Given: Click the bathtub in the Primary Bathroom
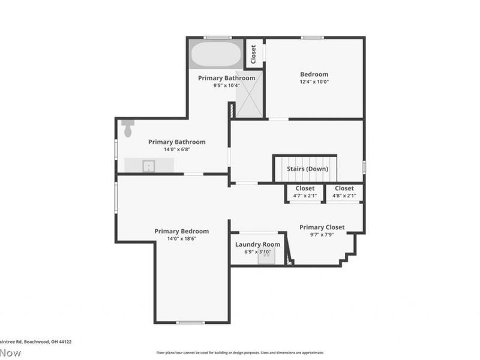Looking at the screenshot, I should click(x=216, y=55).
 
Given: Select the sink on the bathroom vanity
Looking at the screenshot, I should click(x=148, y=165).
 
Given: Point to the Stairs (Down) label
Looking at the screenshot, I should click(x=307, y=169).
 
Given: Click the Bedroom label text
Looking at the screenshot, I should click(x=314, y=74).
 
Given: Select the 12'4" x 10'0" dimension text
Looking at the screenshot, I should click(x=314, y=82).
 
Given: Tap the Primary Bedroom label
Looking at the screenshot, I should click(x=181, y=231).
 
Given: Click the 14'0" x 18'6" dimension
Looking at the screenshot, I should click(x=181, y=238).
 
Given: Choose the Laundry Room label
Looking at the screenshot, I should click(x=257, y=244).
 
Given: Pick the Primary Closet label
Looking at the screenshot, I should click(x=322, y=227).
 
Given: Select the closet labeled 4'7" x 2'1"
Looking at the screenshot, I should click(x=305, y=192).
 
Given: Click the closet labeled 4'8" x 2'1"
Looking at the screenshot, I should click(x=344, y=192).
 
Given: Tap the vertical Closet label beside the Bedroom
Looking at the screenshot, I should click(x=253, y=55).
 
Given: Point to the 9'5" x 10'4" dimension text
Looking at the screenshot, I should click(x=226, y=85).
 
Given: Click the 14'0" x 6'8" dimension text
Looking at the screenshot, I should click(x=176, y=149).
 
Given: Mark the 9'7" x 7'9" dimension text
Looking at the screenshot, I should click(x=322, y=235).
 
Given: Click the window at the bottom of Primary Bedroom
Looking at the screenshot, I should click(x=191, y=323).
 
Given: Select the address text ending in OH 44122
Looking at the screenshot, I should click(x=36, y=341).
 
